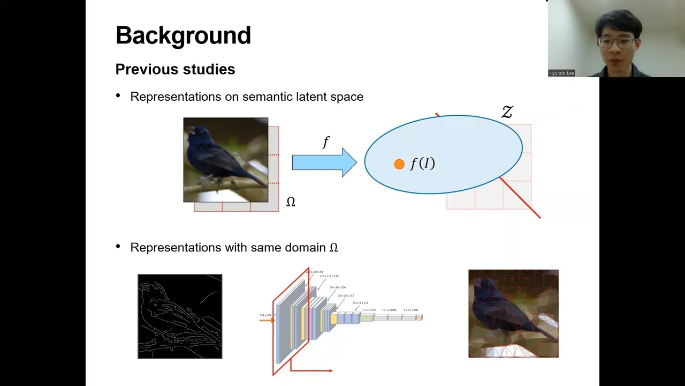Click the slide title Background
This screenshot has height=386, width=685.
(183, 35)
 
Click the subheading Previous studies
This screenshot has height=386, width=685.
(175, 69)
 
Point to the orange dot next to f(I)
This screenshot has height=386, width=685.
(399, 165)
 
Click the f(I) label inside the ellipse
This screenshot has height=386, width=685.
(423, 164)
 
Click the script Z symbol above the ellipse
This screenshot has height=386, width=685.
(507, 112)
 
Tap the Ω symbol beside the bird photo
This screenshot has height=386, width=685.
(291, 202)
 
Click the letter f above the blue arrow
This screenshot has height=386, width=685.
(326, 142)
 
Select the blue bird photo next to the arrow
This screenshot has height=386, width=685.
(225, 160)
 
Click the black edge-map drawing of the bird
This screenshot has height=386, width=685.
(180, 316)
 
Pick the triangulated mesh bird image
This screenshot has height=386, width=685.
(513, 314)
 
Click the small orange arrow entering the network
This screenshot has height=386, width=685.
(267, 320)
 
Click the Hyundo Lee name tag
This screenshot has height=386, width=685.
(561, 73)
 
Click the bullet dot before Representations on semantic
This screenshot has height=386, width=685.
(118, 96)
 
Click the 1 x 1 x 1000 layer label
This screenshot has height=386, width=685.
(411, 310)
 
